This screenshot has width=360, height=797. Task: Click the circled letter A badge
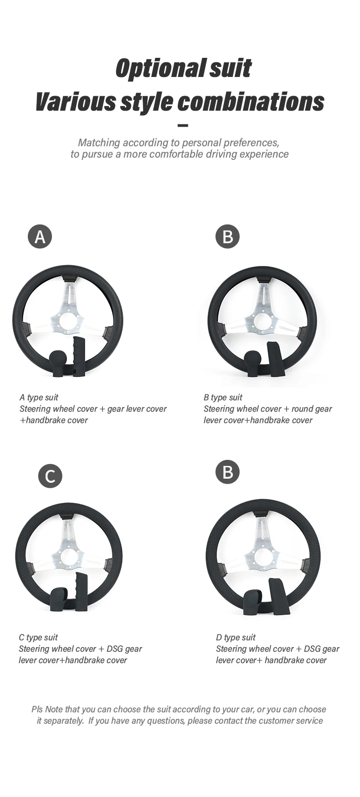[40, 236]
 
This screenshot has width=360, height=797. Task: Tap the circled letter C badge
[50, 476]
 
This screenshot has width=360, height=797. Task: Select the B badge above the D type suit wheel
[227, 472]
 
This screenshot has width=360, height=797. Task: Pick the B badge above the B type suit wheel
[227, 236]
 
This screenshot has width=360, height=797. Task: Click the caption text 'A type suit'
[39, 397]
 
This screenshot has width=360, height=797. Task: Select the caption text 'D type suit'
[236, 637]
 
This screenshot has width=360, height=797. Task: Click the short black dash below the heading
[182, 125]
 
